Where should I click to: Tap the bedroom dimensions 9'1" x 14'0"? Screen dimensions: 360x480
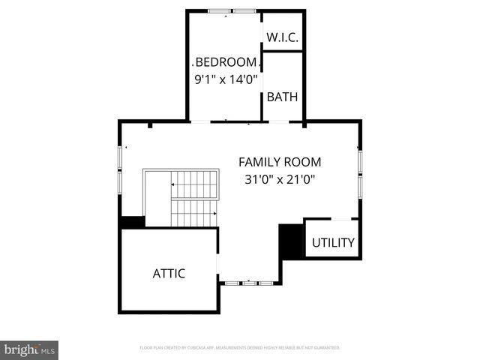click(x=226, y=77)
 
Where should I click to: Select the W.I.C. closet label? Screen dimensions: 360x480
click(x=282, y=37)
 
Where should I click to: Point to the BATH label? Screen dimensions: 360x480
click(x=282, y=97)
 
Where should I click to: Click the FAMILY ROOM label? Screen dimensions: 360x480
click(x=280, y=161)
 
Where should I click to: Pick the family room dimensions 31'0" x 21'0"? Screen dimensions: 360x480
click(x=280, y=179)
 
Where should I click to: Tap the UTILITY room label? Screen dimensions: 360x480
click(x=333, y=243)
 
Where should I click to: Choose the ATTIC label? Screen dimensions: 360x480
click(x=169, y=274)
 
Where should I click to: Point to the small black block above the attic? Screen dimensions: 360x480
click(x=133, y=222)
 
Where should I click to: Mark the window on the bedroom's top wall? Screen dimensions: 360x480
click(x=232, y=11)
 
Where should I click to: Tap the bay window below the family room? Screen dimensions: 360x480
click(x=250, y=283)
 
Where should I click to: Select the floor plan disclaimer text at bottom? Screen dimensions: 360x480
click(x=240, y=348)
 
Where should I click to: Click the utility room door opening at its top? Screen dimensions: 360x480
click(x=341, y=219)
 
